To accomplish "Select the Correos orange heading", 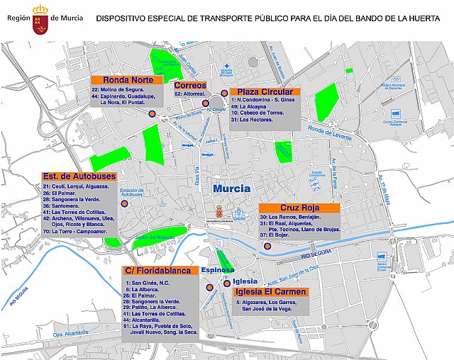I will coord(189,85).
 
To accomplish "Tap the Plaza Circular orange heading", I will coord(265,92).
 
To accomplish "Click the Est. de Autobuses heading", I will coord(74,176).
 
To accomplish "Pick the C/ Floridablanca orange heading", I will coord(160,271).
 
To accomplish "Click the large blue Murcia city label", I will coord(231,189).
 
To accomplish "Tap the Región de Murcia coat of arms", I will coord(40,14).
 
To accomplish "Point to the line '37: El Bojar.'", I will coord(276,235).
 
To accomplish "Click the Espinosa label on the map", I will coord(217,270).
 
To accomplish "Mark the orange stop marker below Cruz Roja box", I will coord(267,246).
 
